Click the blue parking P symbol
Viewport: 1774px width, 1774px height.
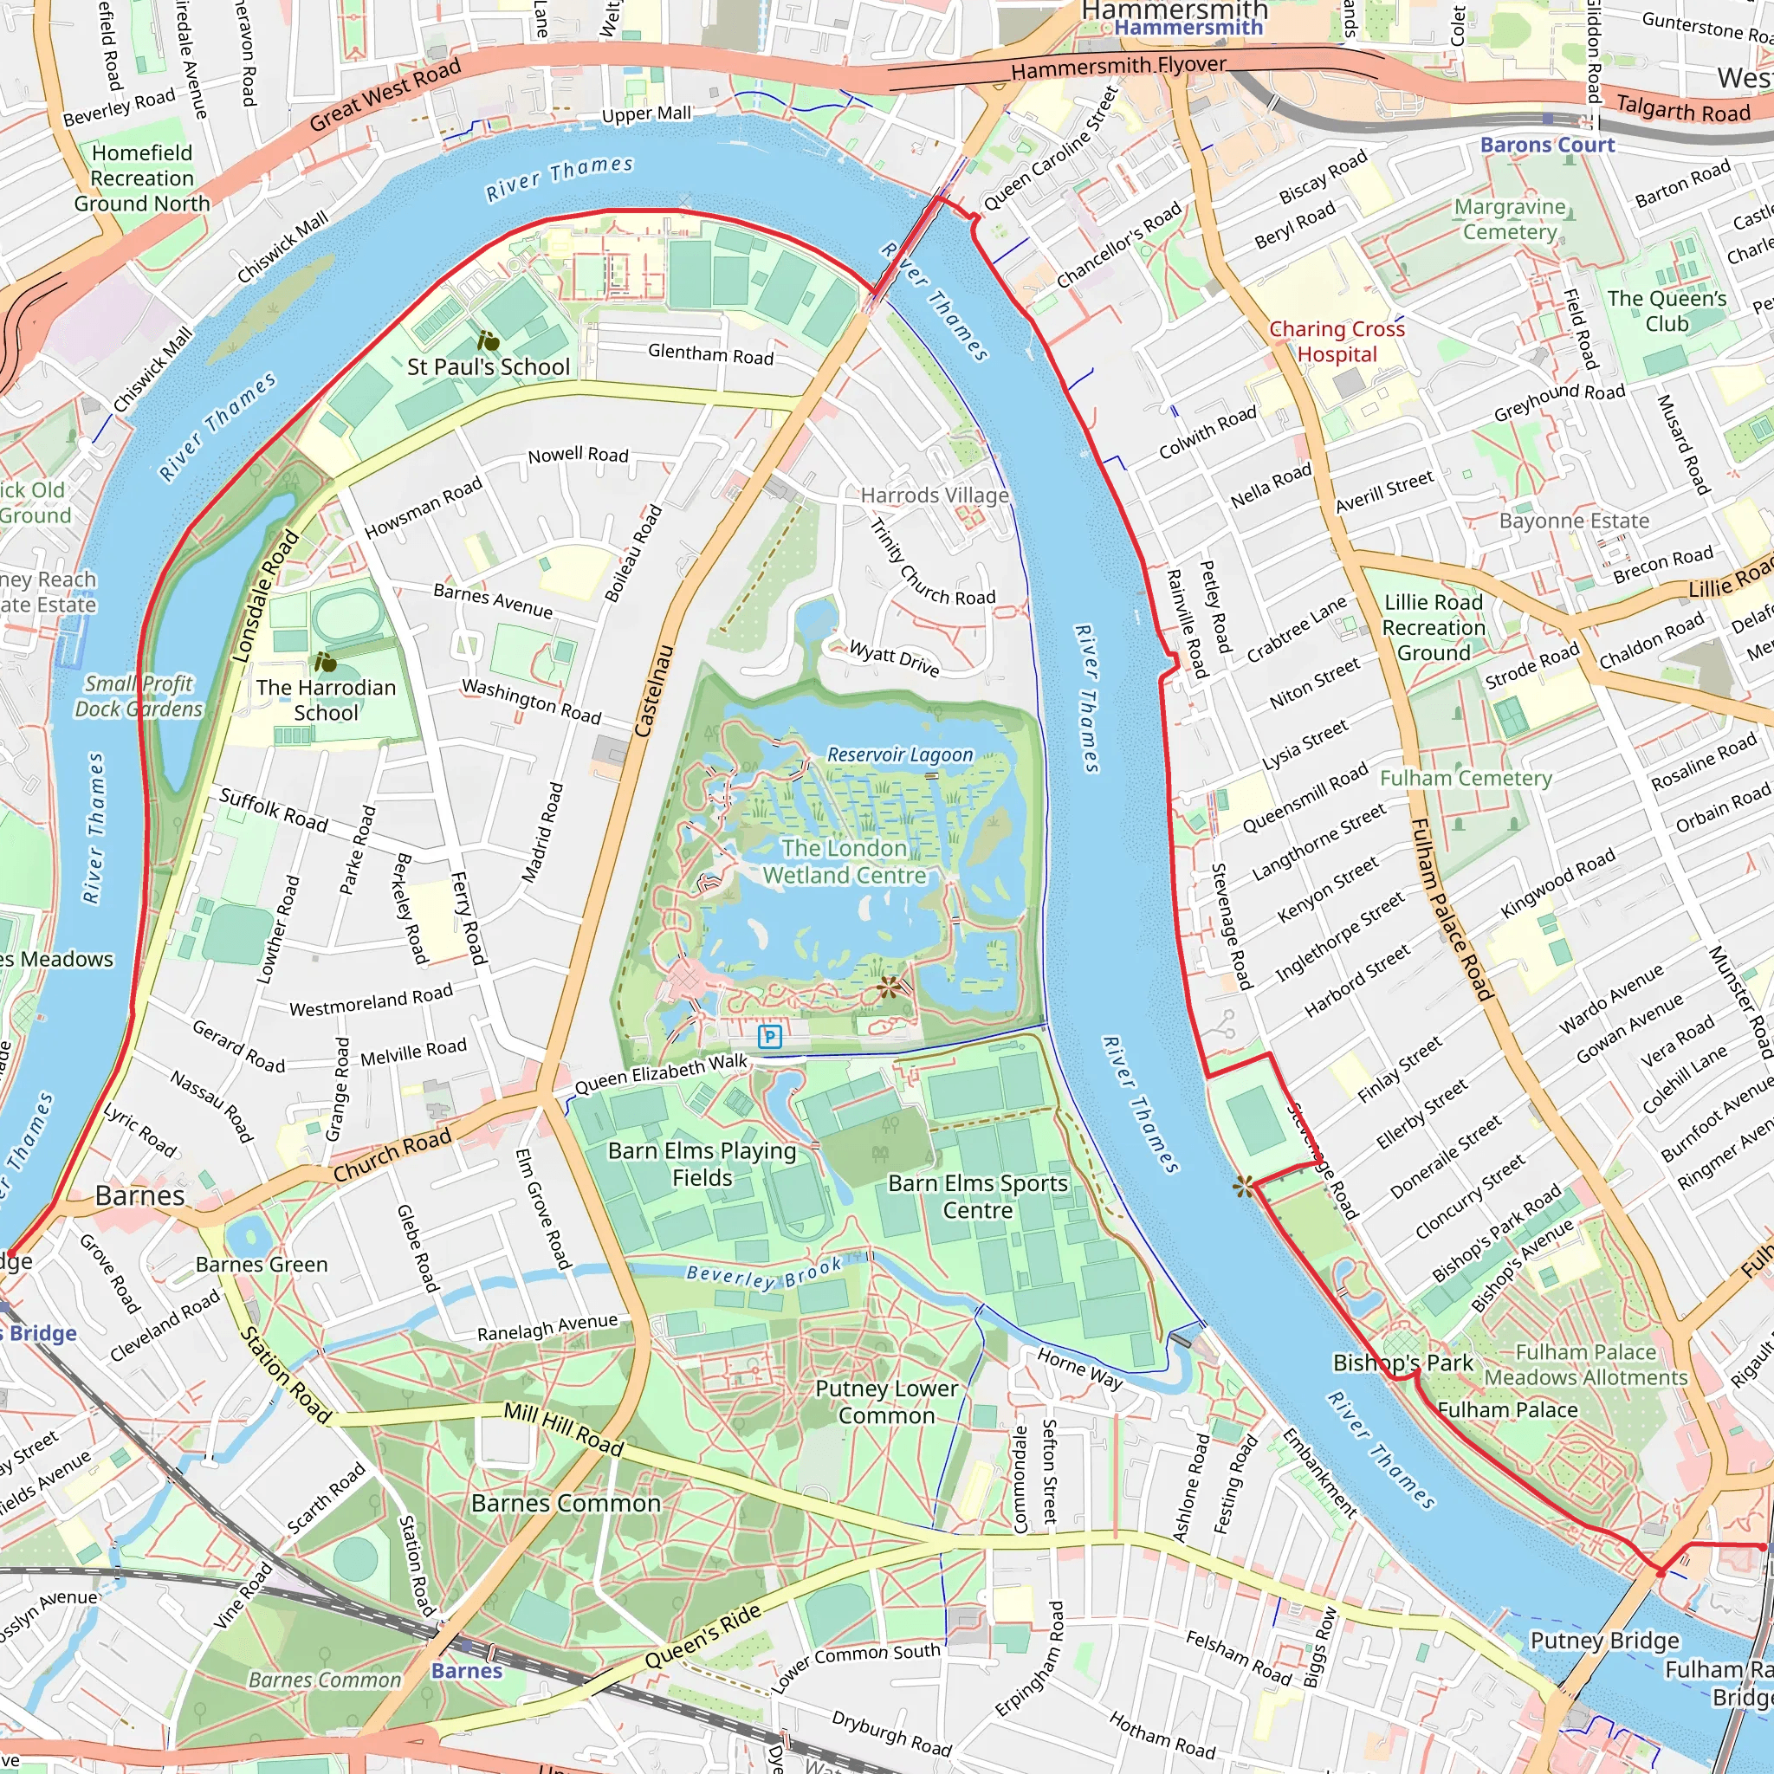(769, 1037)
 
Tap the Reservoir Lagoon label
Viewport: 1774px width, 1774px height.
(899, 754)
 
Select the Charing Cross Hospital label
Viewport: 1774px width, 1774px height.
(1336, 341)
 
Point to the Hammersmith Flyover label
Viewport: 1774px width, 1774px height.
(1117, 66)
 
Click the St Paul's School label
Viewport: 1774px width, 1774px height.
(489, 366)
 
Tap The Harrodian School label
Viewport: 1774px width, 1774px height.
(326, 700)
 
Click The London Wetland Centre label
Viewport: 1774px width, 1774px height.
(844, 861)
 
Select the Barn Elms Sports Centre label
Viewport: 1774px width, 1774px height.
(978, 1196)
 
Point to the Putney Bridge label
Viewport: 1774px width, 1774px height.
(1604, 1640)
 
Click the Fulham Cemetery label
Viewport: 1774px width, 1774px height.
(1466, 779)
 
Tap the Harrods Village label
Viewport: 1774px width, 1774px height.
(934, 495)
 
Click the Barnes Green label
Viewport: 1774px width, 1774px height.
(262, 1265)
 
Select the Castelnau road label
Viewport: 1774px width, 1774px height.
(655, 690)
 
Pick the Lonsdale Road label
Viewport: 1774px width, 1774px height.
(265, 596)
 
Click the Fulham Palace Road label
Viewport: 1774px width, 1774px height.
(1451, 909)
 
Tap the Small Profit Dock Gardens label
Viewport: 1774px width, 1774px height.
(139, 696)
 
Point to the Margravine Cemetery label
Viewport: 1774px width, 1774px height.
(1510, 219)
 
